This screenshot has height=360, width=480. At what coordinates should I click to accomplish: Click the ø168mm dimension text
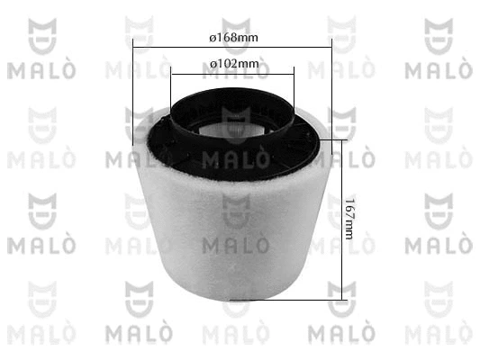pos(233,38)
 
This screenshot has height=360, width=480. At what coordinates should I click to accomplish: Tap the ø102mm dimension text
pos(234,64)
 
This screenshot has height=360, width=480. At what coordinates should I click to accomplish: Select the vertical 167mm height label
pos(349,219)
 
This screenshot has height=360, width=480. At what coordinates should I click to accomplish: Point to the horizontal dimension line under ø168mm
pos(232,48)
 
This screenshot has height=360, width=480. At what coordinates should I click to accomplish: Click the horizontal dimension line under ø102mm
pos(232,74)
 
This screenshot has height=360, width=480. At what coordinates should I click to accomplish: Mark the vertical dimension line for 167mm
pos(341,220)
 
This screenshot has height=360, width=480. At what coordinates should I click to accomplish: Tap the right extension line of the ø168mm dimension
pos(331,96)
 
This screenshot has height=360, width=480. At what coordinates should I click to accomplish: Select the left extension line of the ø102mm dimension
pos(171,88)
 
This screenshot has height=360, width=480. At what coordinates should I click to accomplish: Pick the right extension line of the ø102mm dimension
pos(294,88)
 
